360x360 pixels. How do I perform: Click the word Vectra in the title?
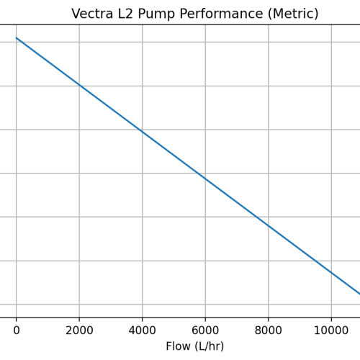(x=92, y=14)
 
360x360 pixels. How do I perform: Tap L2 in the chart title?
(x=127, y=14)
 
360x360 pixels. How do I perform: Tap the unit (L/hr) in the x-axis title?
(x=210, y=346)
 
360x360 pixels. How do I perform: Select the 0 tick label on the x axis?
(x=16, y=330)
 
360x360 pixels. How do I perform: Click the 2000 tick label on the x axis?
(x=79, y=330)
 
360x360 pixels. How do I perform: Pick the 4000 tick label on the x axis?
(x=142, y=330)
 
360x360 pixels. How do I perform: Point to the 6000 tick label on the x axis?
(x=205, y=330)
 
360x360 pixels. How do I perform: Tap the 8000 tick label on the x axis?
(x=269, y=330)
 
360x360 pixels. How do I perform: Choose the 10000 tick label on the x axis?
(x=331, y=330)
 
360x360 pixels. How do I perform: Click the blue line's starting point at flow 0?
(x=16, y=38)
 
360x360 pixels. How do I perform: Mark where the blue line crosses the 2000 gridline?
(x=79, y=85)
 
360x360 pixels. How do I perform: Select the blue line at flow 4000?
(x=142, y=132)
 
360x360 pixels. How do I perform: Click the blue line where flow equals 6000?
(x=205, y=179)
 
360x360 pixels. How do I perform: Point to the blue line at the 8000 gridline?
(x=269, y=225)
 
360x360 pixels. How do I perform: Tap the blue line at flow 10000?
(x=331, y=272)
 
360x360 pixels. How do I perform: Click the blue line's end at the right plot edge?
(x=359, y=293)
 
